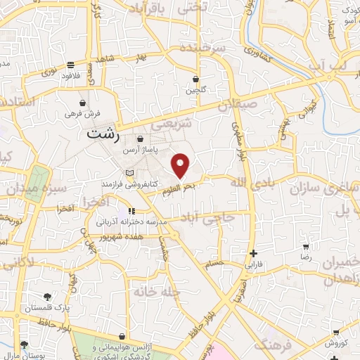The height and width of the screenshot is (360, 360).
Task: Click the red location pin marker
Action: coord(181,165)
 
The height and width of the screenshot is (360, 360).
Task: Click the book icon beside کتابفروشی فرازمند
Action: coord(128,172)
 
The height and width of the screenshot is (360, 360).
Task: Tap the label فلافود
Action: coord(72,75)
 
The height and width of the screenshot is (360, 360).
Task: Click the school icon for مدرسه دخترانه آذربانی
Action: coord(131,211)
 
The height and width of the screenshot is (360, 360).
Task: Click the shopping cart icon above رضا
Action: coord(306,247)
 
